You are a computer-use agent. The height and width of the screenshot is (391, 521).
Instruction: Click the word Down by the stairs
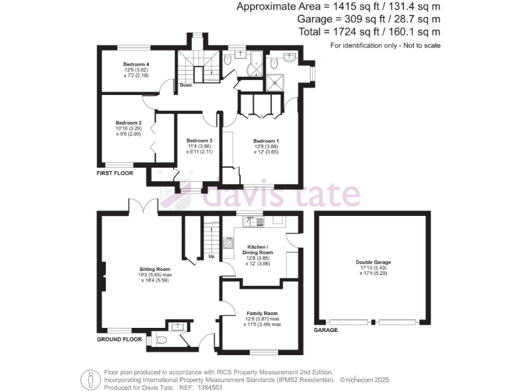pyautogui.click(x=185, y=86)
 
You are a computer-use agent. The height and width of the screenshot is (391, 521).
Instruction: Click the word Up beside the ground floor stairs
pyautogui.click(x=211, y=257)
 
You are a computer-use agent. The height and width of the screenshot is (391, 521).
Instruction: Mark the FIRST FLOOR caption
pyautogui.click(x=113, y=173)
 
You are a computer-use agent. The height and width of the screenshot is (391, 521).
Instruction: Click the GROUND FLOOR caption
pyautogui.click(x=119, y=338)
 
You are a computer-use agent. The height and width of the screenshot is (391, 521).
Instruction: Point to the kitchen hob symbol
pyautogui.click(x=229, y=242)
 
